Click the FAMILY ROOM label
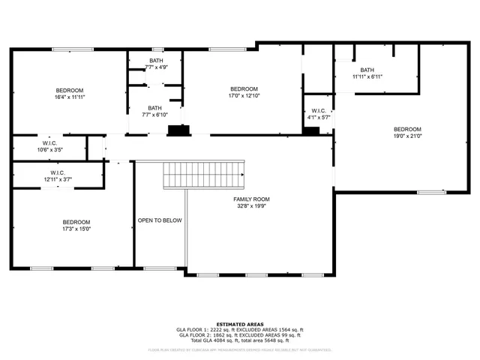[250, 199]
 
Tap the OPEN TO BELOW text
[160, 220]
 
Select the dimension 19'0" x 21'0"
[407, 136]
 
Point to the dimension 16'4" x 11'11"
[70, 97]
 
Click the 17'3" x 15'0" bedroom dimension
[76, 229]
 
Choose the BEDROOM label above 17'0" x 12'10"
[244, 88]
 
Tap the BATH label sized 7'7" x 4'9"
[155, 61]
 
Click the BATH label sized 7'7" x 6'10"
[155, 107]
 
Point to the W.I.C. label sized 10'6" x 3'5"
[50, 142]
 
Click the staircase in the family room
[205, 175]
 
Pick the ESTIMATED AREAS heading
[240, 323]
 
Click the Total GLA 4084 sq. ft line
[240, 341]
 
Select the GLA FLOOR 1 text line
[240, 329]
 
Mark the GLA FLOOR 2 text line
[240, 335]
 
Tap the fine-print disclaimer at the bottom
[240, 349]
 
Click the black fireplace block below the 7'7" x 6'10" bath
[178, 130]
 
